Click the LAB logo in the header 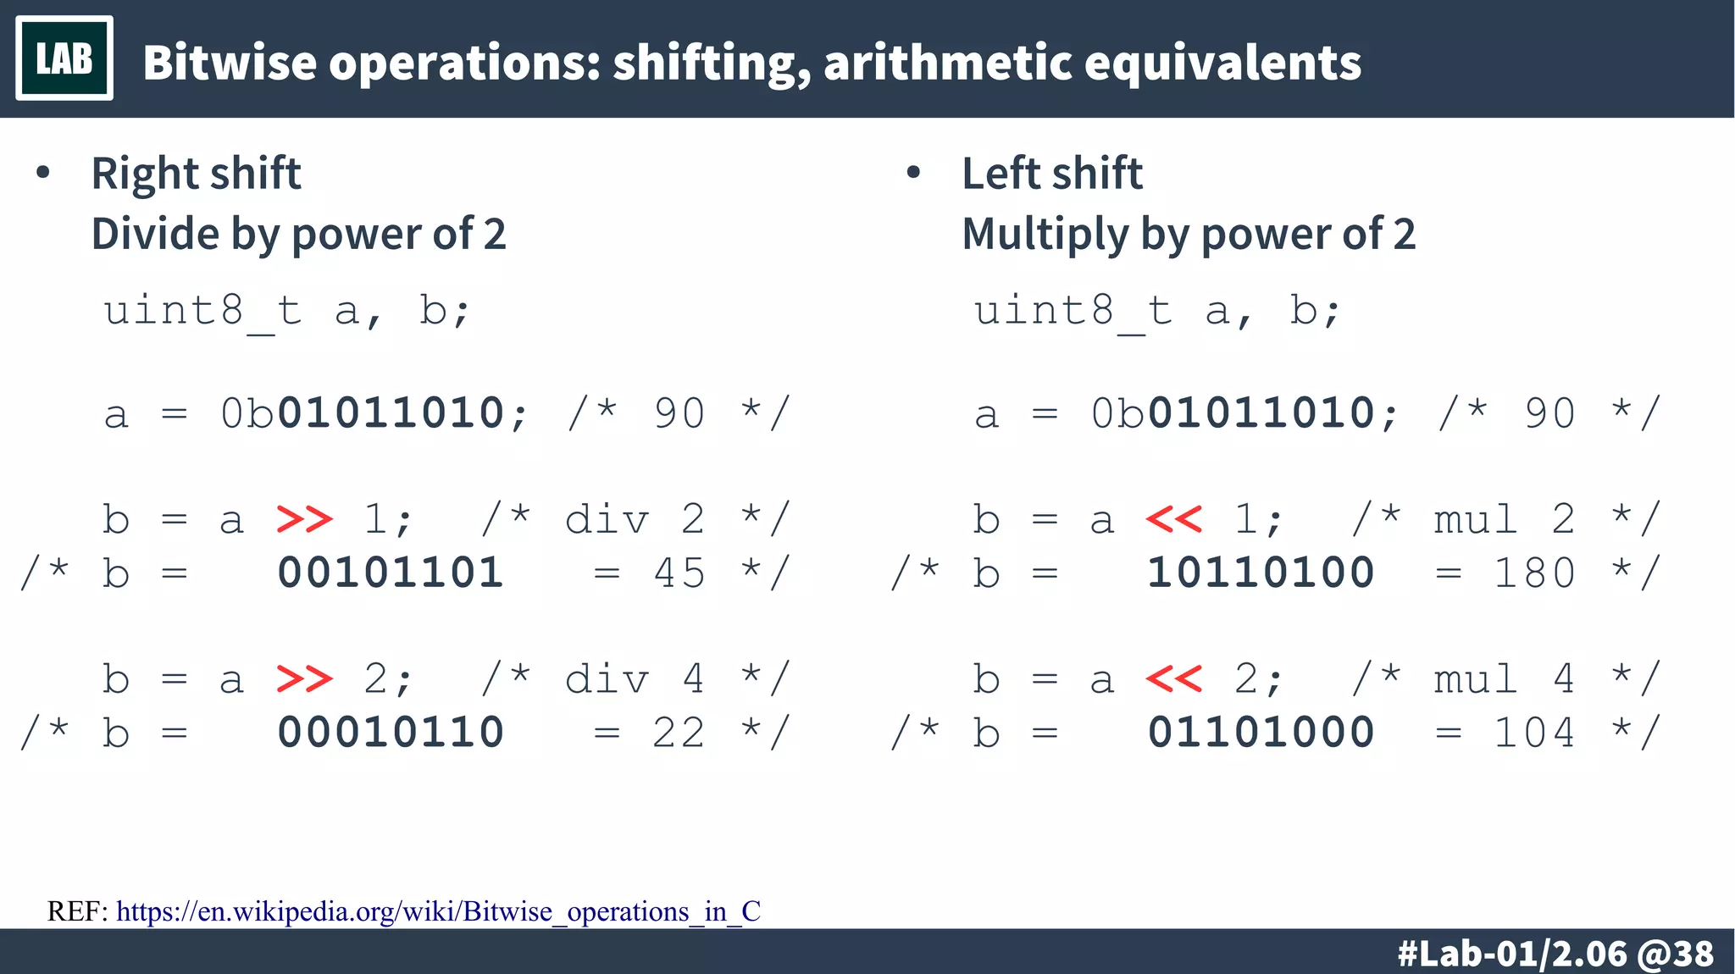pyautogui.click(x=64, y=58)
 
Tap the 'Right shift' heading pyautogui.click(x=196, y=174)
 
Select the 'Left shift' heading pyautogui.click(x=1052, y=174)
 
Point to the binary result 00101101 pyautogui.click(x=391, y=573)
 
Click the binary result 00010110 pyautogui.click(x=391, y=732)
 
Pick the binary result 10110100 pyautogui.click(x=1261, y=573)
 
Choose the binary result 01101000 pyautogui.click(x=1261, y=732)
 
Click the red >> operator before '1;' pyautogui.click(x=305, y=519)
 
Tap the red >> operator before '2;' pyautogui.click(x=305, y=678)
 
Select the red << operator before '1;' pyautogui.click(x=1174, y=519)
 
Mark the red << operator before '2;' pyautogui.click(x=1174, y=678)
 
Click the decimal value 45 pyautogui.click(x=679, y=573)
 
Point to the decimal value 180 pyautogui.click(x=1534, y=573)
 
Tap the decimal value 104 pyautogui.click(x=1534, y=733)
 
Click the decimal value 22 pyautogui.click(x=679, y=733)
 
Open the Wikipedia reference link pyautogui.click(x=438, y=911)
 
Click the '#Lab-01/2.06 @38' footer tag pyautogui.click(x=1555, y=954)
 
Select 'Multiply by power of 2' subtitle pyautogui.click(x=1189, y=235)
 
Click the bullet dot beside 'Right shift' pyautogui.click(x=43, y=174)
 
